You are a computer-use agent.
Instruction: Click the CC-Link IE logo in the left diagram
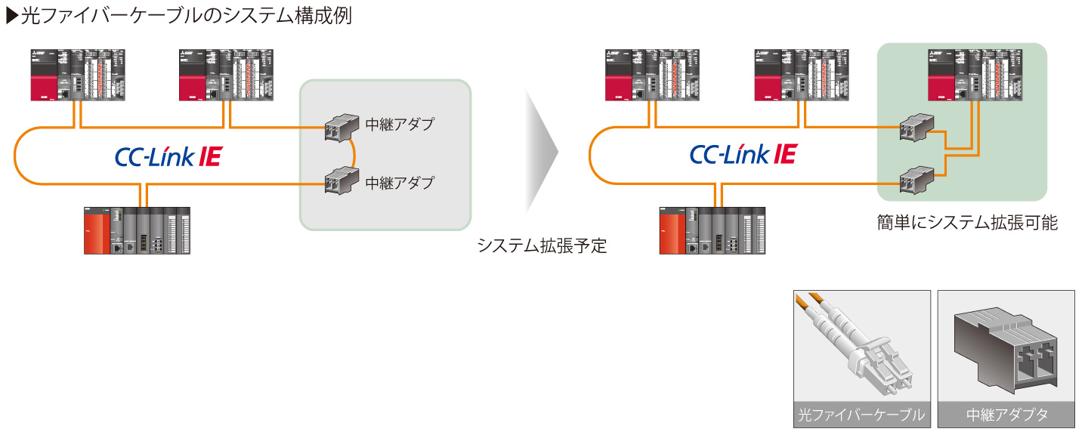tap(168, 156)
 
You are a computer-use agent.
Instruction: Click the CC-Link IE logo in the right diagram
tap(743, 155)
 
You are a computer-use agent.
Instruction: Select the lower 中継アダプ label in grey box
tap(400, 183)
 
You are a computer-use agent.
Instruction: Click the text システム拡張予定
tap(542, 246)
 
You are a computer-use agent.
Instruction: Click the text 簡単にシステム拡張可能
tap(962, 223)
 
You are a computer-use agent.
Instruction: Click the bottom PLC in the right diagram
tap(712, 230)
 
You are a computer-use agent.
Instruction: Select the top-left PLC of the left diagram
tap(78, 75)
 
